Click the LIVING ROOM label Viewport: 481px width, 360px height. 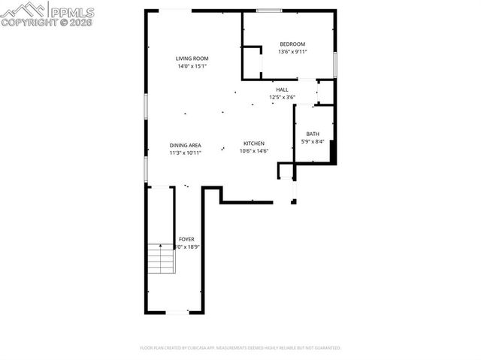click(x=192, y=59)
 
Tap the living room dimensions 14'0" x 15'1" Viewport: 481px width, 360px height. click(x=192, y=66)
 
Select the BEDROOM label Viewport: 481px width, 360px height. click(x=292, y=44)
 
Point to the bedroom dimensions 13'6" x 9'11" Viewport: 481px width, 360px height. click(x=292, y=52)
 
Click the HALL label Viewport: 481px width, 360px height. click(x=282, y=89)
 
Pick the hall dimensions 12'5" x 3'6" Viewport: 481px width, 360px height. click(x=282, y=97)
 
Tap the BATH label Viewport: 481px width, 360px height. click(x=312, y=134)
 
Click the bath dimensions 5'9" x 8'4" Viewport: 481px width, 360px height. click(x=312, y=141)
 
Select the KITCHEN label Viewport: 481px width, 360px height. click(x=253, y=144)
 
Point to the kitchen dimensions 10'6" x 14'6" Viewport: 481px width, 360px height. click(x=253, y=151)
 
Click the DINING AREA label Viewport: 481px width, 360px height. click(x=185, y=145)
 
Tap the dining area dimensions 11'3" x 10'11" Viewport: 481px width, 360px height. click(x=185, y=153)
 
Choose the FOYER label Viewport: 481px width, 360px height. click(x=186, y=239)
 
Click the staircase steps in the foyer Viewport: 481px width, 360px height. click(x=160, y=259)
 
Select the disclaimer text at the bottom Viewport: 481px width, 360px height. click(x=240, y=348)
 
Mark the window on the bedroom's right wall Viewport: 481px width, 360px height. click(x=334, y=65)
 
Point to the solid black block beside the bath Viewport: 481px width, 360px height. click(x=331, y=151)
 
